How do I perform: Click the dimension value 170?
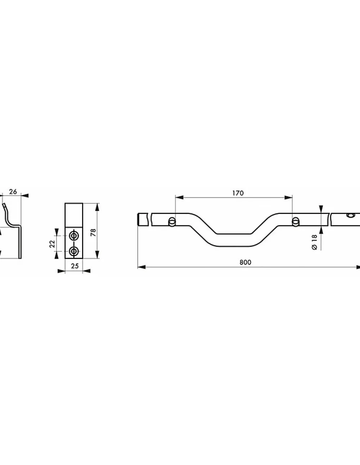click(x=238, y=193)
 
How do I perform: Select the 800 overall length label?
click(x=245, y=262)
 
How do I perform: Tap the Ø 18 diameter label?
click(x=315, y=242)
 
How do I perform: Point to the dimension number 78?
click(x=94, y=232)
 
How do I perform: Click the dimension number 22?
click(x=52, y=244)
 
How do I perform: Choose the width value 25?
click(x=75, y=266)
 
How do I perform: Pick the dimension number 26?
click(x=13, y=192)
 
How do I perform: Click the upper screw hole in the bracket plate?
click(x=74, y=236)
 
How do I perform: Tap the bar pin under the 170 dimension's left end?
click(x=172, y=222)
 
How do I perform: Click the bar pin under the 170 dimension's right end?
click(x=296, y=222)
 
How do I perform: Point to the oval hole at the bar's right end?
click(x=350, y=215)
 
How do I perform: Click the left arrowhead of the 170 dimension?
click(x=179, y=197)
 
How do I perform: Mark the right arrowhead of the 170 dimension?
click(x=288, y=197)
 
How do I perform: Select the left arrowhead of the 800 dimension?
click(x=141, y=267)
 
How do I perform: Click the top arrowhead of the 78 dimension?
click(x=97, y=207)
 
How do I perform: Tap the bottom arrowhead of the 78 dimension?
click(x=97, y=254)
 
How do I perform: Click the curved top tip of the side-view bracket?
click(x=4, y=205)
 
